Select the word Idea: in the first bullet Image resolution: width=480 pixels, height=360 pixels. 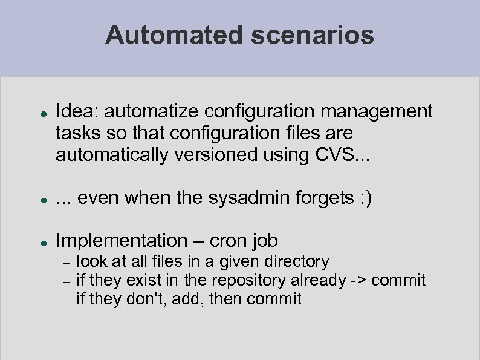pos(79,112)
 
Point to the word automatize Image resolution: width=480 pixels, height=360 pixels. pos(153,112)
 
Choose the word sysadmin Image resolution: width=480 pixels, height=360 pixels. pos(238,198)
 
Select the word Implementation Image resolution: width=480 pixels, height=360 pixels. pos(122,241)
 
